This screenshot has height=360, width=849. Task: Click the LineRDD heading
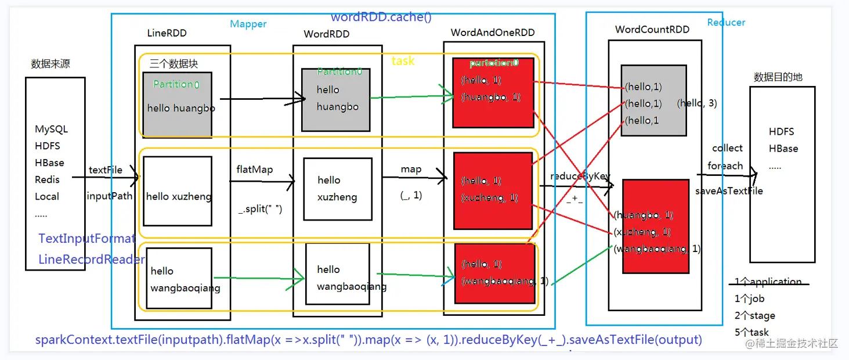click(167, 33)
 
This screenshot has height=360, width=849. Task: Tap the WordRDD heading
click(327, 34)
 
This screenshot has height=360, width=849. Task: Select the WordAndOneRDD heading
click(493, 33)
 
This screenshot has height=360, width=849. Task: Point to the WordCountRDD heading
click(652, 29)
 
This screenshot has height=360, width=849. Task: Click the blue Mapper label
click(248, 24)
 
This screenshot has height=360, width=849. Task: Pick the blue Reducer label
click(726, 22)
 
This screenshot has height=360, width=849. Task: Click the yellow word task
click(403, 61)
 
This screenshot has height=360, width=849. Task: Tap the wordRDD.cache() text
click(381, 17)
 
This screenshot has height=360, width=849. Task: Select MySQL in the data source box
click(52, 129)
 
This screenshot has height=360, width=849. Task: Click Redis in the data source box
click(47, 179)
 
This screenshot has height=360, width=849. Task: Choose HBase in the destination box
click(783, 149)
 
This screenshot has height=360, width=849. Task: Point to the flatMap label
click(254, 170)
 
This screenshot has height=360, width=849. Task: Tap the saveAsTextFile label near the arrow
click(729, 190)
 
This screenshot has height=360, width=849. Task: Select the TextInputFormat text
click(87, 239)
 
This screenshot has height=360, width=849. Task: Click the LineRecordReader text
click(92, 260)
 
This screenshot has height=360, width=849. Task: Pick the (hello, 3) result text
click(697, 103)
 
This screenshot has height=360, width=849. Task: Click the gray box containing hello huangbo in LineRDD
click(177, 103)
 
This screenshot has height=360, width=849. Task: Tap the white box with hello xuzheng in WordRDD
click(338, 189)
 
